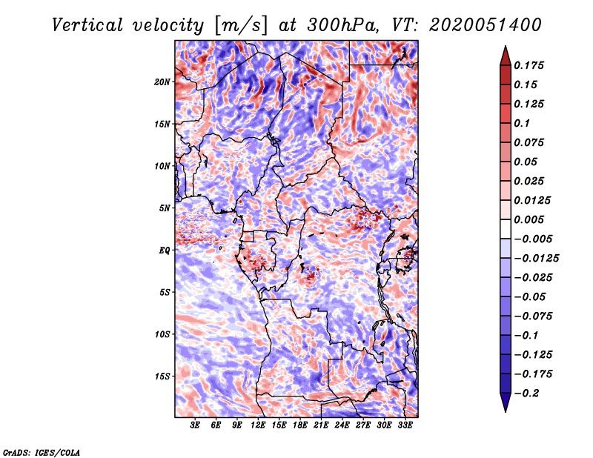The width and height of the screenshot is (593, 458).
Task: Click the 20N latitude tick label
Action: (x=162, y=82)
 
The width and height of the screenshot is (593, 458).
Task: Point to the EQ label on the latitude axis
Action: (x=165, y=250)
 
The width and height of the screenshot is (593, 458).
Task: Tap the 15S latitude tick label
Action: (x=162, y=376)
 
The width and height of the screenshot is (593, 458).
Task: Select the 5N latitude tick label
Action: (x=165, y=208)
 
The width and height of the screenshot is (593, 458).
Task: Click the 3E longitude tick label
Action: (x=195, y=425)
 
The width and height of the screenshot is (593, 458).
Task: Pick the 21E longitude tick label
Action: (x=321, y=425)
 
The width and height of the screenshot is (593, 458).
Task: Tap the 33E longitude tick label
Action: (x=405, y=425)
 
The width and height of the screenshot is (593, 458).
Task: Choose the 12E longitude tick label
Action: (x=258, y=425)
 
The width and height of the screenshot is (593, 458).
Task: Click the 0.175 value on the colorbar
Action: (x=529, y=65)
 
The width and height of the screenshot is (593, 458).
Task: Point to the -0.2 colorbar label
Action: (x=526, y=394)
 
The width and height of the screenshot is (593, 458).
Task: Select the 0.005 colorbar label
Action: (x=529, y=219)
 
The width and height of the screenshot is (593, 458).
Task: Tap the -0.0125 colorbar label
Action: (x=536, y=259)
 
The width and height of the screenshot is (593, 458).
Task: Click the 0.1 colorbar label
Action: (x=522, y=123)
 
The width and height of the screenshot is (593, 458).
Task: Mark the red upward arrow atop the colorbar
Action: (x=506, y=56)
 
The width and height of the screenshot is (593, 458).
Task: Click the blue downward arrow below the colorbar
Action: (x=506, y=402)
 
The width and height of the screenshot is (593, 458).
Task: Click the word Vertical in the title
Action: (x=87, y=25)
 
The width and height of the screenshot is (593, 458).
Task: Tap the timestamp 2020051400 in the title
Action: (x=486, y=25)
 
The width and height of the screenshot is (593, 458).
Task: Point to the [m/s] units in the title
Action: (x=241, y=25)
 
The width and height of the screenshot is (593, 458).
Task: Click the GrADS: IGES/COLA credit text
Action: (x=42, y=452)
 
